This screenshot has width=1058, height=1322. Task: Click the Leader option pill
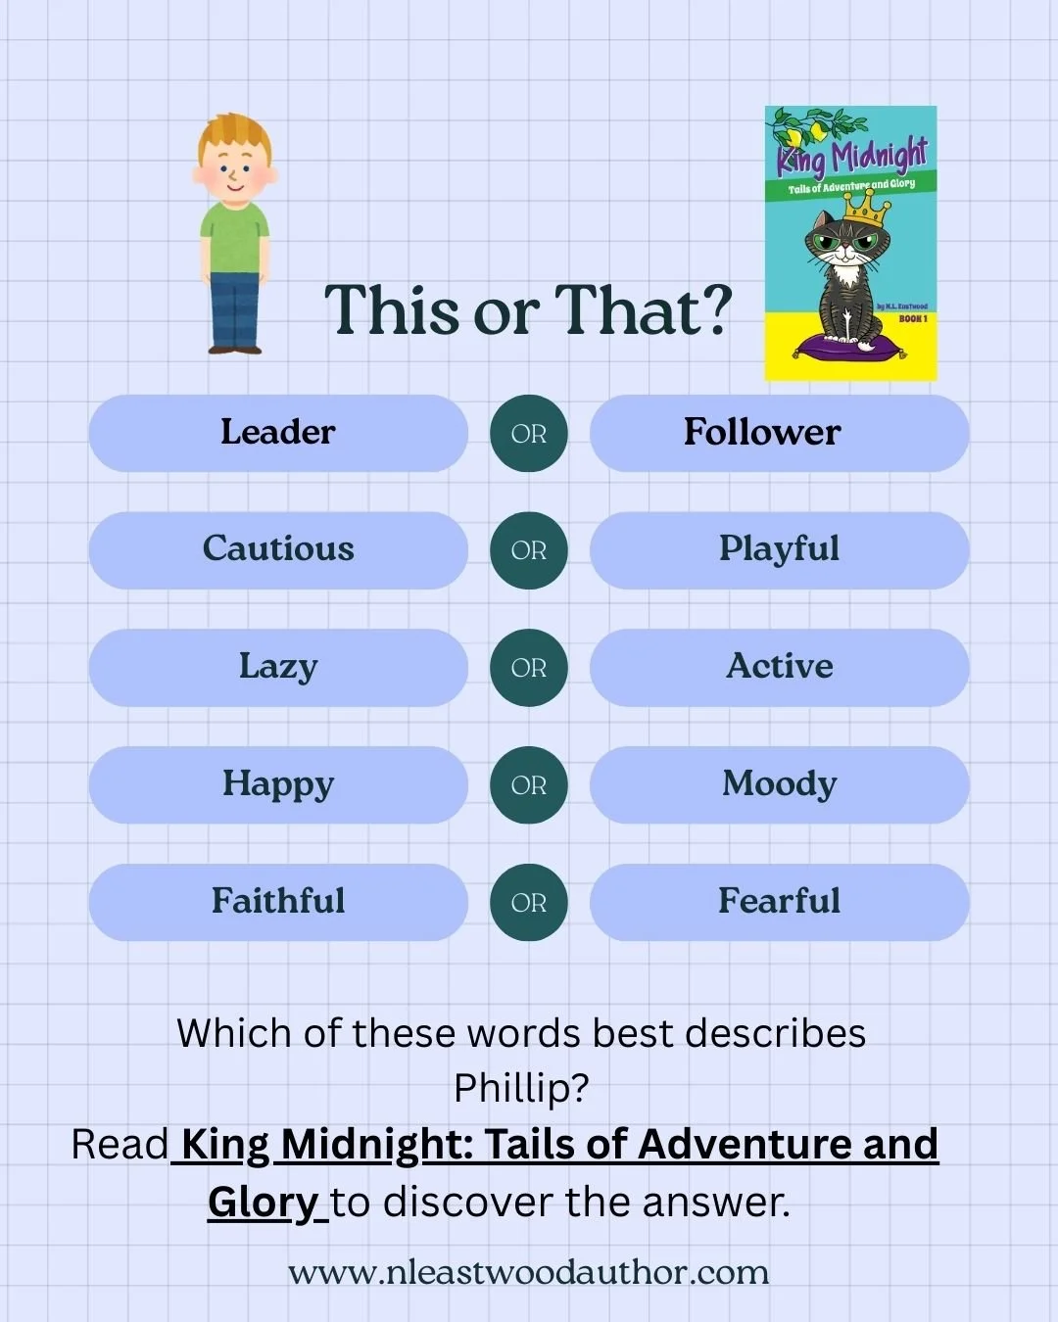(x=278, y=433)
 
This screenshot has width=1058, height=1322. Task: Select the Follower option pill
(x=779, y=433)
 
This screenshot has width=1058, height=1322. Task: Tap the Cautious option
(x=278, y=549)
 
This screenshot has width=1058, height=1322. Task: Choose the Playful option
(x=779, y=549)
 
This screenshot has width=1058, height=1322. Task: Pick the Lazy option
(x=278, y=667)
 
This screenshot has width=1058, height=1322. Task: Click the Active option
(x=779, y=667)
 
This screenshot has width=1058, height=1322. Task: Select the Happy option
(x=278, y=784)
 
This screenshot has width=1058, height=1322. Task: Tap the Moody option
(x=779, y=784)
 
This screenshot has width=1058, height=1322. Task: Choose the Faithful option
(x=278, y=902)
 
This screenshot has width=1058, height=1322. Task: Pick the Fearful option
(x=779, y=902)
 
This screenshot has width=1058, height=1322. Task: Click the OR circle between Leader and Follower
(x=529, y=433)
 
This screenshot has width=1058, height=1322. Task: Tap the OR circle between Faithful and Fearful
(x=529, y=902)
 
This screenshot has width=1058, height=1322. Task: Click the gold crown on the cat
(x=862, y=207)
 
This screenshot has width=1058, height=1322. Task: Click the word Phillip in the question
(x=521, y=1088)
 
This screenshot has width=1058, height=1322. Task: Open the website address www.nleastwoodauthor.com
(x=528, y=1272)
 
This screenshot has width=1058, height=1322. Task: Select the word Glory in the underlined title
(x=263, y=1202)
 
